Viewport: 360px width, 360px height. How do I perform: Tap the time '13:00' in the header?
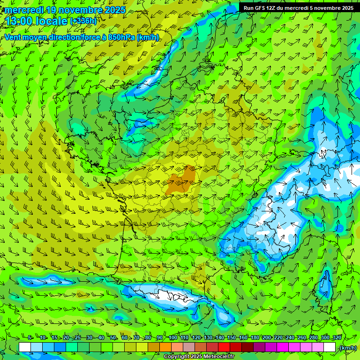pyautogui.click(x=18, y=22)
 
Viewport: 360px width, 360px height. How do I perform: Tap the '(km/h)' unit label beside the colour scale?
pyautogui.click(x=347, y=348)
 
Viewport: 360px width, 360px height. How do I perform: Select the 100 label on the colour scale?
pyautogui.click(x=173, y=338)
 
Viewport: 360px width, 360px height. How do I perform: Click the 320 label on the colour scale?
pyautogui.click(x=336, y=338)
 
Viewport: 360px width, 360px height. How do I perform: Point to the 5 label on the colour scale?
pyautogui.click(x=30, y=338)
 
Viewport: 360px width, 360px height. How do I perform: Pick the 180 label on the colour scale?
pyautogui.click(x=255, y=338)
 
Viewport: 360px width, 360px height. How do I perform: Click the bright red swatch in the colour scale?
pyautogui.click(x=224, y=347)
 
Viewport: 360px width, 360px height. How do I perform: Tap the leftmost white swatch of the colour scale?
pyautogui.click(x=25, y=347)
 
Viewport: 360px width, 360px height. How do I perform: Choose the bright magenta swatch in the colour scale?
pyautogui.click(x=283, y=347)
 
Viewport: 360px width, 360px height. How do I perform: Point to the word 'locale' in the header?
pyautogui.click(x=51, y=22)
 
